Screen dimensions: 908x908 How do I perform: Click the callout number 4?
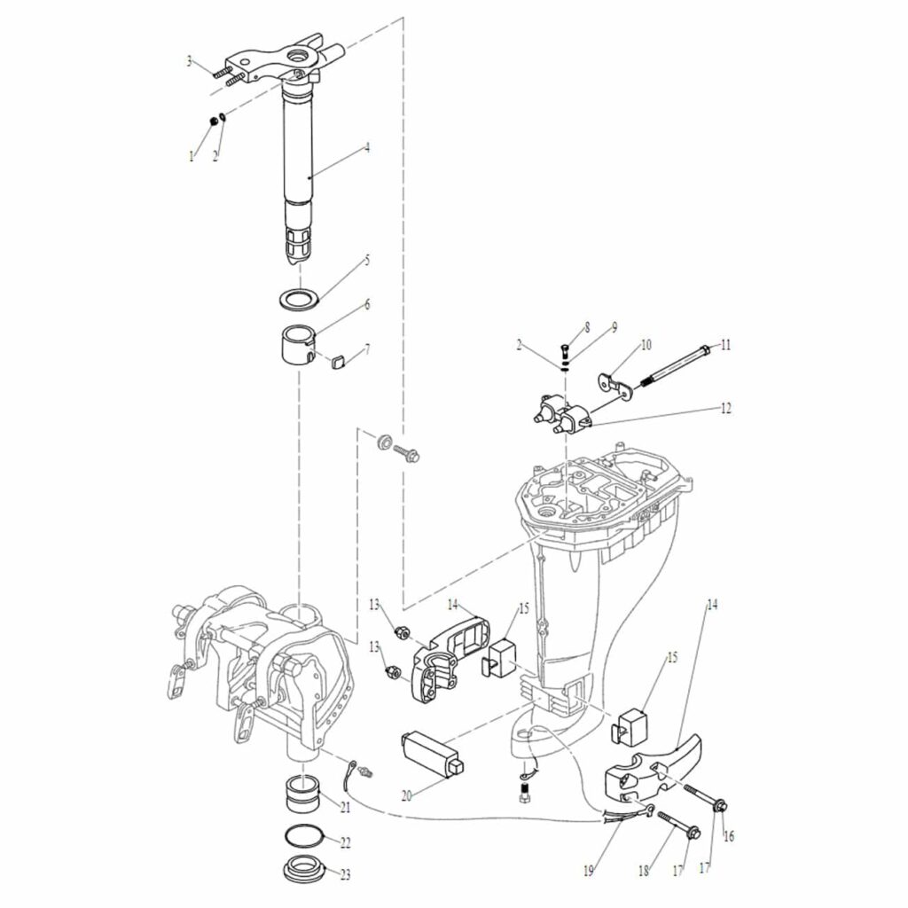(367, 148)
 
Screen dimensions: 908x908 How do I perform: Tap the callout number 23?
(345, 875)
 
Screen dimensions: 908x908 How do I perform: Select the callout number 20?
(406, 796)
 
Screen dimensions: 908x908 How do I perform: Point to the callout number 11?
(725, 345)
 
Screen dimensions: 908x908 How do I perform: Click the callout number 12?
(725, 408)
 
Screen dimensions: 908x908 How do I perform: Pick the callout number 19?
(589, 871)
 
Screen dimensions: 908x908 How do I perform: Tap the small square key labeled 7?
(338, 363)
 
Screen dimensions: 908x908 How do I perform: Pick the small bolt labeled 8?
(565, 351)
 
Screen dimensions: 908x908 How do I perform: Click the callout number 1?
(192, 156)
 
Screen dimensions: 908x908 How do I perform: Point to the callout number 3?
(189, 61)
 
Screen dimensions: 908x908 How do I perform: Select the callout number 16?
(729, 836)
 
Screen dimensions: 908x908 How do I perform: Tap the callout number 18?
(644, 871)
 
